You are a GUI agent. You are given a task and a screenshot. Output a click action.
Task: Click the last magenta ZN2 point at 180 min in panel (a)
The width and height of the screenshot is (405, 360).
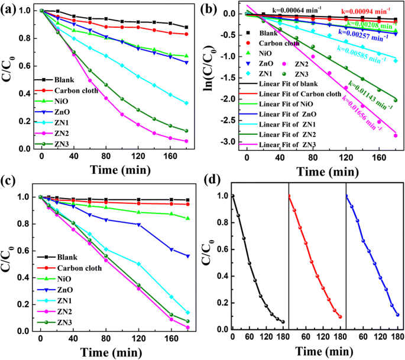tap(186, 141)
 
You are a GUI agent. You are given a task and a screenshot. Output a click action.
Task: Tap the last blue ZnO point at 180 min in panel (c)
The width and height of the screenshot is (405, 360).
tap(187, 256)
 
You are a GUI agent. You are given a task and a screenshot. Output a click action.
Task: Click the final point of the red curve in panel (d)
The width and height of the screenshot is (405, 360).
tap(340, 317)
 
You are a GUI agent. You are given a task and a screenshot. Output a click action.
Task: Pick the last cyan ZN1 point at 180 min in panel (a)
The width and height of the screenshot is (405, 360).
tap(186, 103)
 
